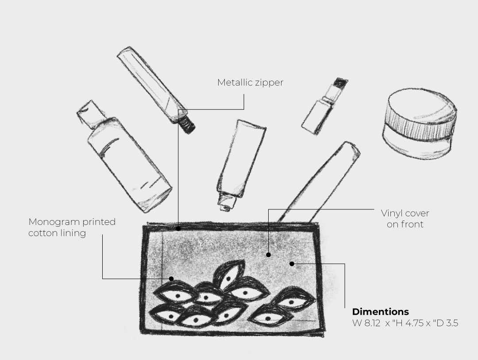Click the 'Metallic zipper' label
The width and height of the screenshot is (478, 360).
[x=250, y=82]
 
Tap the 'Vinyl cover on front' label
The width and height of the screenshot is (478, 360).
[x=405, y=218]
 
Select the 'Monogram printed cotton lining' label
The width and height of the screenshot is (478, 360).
[x=72, y=227]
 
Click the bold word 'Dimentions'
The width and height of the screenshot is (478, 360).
[x=381, y=311]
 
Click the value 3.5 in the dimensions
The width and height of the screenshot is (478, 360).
[x=452, y=323]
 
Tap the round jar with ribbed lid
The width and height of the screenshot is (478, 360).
[x=420, y=123]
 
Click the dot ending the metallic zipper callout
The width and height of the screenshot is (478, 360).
[x=178, y=228]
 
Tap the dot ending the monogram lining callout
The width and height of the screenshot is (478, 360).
[x=171, y=279]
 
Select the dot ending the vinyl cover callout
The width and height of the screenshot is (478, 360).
[x=268, y=255]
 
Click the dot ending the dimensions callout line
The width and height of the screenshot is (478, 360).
[x=292, y=263]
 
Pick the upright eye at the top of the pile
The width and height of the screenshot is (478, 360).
[x=229, y=275]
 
